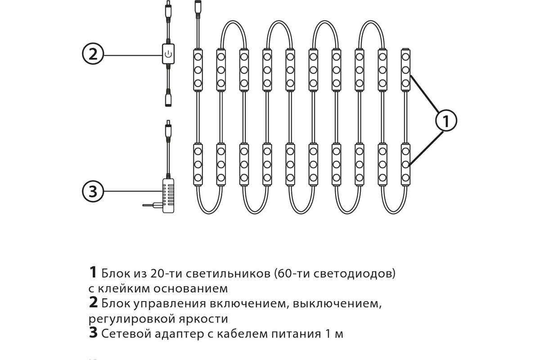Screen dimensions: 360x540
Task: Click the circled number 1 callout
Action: (x=446, y=121)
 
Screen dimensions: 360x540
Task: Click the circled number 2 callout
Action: (x=93, y=54)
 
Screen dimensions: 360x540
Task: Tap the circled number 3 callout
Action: (x=93, y=191)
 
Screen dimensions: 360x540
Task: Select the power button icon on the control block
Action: (x=168, y=55)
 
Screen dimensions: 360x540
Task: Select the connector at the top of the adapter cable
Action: (x=168, y=130)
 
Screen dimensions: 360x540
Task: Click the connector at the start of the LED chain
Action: (x=198, y=9)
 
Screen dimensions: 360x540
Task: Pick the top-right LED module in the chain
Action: (x=405, y=70)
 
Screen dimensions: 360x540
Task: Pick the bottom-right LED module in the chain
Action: (x=405, y=164)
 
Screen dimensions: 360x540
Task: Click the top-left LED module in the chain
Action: (x=198, y=70)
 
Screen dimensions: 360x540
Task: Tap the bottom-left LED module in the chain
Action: (x=198, y=164)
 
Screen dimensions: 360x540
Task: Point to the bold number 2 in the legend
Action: (x=93, y=303)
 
